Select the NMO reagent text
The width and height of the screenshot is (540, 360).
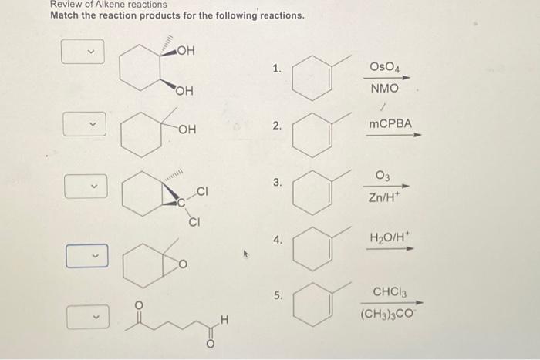(x=384, y=89)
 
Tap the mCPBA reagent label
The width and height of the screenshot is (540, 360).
(x=390, y=123)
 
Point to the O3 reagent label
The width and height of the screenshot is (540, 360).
(x=383, y=176)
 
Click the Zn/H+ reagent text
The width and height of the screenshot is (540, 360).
(x=384, y=197)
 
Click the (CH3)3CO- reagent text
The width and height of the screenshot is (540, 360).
(x=390, y=315)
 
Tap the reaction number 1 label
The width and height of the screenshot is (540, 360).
(x=276, y=69)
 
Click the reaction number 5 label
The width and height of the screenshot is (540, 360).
(x=278, y=295)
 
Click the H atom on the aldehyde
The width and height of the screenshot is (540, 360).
(x=224, y=316)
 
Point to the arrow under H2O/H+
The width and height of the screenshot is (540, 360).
(x=394, y=248)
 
